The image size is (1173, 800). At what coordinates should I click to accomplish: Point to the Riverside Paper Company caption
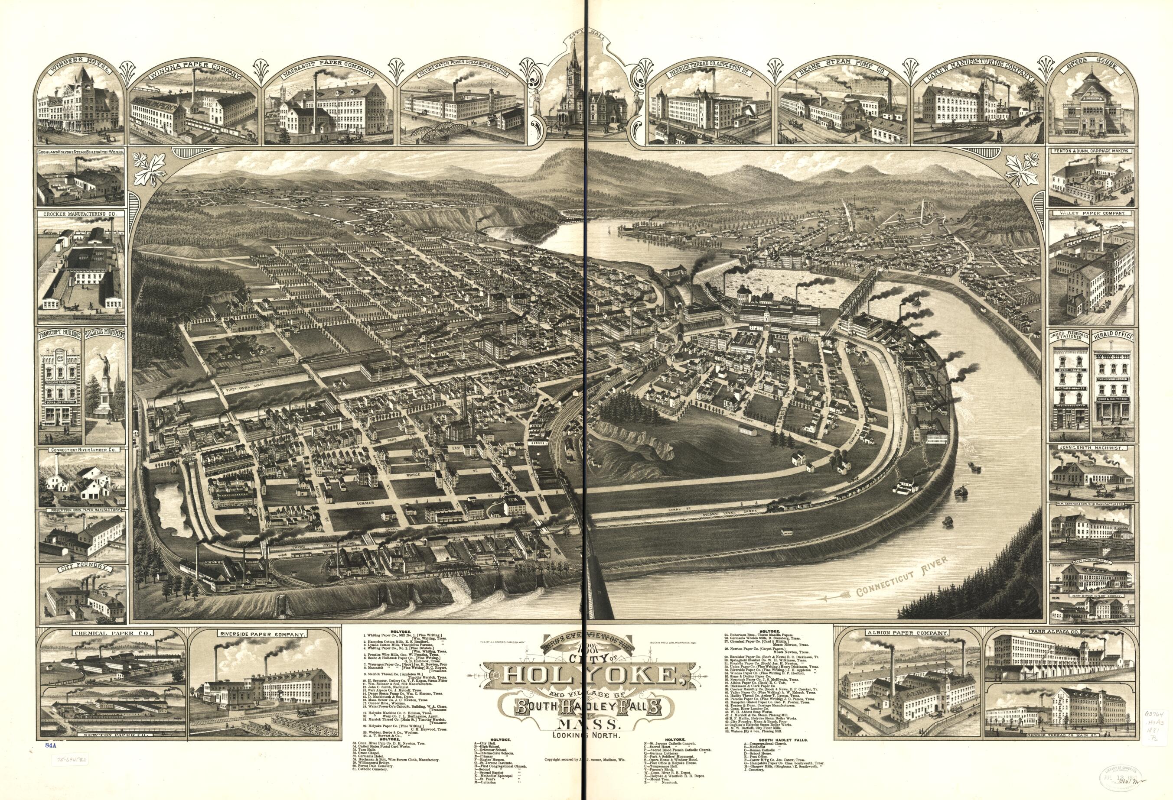coord(261,634)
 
